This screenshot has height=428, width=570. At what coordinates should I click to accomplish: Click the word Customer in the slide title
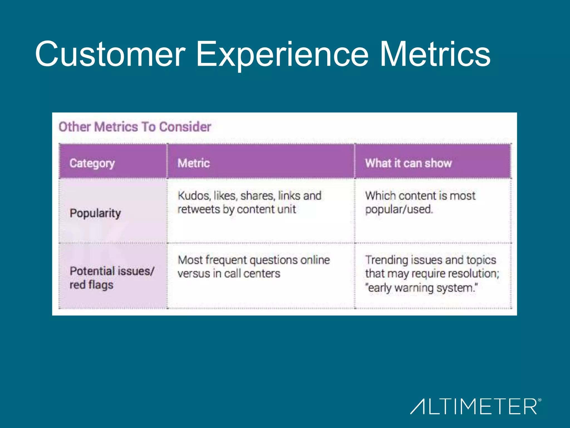(x=110, y=54)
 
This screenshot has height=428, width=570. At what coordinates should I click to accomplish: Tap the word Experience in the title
(x=282, y=54)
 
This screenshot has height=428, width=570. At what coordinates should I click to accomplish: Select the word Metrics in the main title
(x=435, y=54)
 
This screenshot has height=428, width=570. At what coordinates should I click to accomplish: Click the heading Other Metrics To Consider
(x=135, y=127)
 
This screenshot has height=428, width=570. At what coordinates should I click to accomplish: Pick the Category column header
(x=92, y=163)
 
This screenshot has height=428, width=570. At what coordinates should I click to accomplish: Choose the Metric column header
(x=194, y=163)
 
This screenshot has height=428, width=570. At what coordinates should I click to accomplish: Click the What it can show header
(x=408, y=163)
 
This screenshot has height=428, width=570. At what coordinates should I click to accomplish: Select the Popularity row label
(x=95, y=213)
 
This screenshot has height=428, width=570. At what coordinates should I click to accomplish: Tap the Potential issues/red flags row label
(x=111, y=278)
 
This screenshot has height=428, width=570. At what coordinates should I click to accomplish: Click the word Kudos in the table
(x=194, y=196)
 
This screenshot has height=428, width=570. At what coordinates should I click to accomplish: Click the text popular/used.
(x=399, y=210)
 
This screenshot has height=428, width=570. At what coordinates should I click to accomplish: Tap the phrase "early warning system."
(x=421, y=288)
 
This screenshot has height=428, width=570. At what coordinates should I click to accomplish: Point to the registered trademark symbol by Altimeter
(x=540, y=400)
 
